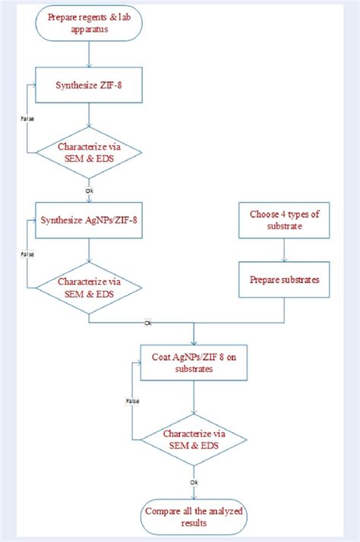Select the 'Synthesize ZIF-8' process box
point(90,84)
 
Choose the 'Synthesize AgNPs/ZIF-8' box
point(90,222)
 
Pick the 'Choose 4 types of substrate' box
point(285,220)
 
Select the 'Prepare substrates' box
point(285,280)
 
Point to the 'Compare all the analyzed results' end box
point(195,515)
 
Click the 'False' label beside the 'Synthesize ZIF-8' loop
point(25,118)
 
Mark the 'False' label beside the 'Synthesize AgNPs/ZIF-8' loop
point(25,254)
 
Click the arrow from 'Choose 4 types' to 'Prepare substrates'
point(285,250)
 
